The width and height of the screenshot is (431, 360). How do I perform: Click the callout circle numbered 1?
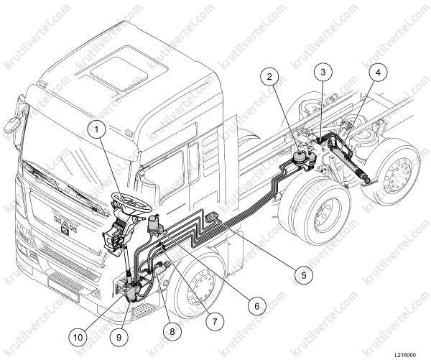tap(96, 129)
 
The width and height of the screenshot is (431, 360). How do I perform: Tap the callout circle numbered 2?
tap(269, 77)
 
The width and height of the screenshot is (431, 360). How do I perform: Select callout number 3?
tap(323, 72)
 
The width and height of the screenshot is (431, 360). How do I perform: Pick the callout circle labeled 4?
tap(378, 73)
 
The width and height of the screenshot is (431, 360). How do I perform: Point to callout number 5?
tap(304, 274)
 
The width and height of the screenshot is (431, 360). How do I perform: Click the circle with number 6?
tap(257, 306)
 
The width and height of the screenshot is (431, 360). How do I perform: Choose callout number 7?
tap(214, 320)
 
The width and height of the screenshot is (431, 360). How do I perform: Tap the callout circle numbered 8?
tap(172, 331)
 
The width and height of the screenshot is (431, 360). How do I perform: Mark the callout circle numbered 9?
tap(119, 337)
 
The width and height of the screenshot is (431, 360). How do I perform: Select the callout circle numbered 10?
tap(78, 337)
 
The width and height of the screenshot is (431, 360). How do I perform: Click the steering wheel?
tap(131, 203)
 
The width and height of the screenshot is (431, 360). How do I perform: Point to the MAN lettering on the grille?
tap(65, 221)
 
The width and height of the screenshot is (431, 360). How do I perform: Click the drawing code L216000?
tap(405, 355)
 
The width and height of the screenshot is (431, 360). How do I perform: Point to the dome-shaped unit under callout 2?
tap(299, 158)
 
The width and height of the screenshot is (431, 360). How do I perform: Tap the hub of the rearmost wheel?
tap(398, 174)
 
